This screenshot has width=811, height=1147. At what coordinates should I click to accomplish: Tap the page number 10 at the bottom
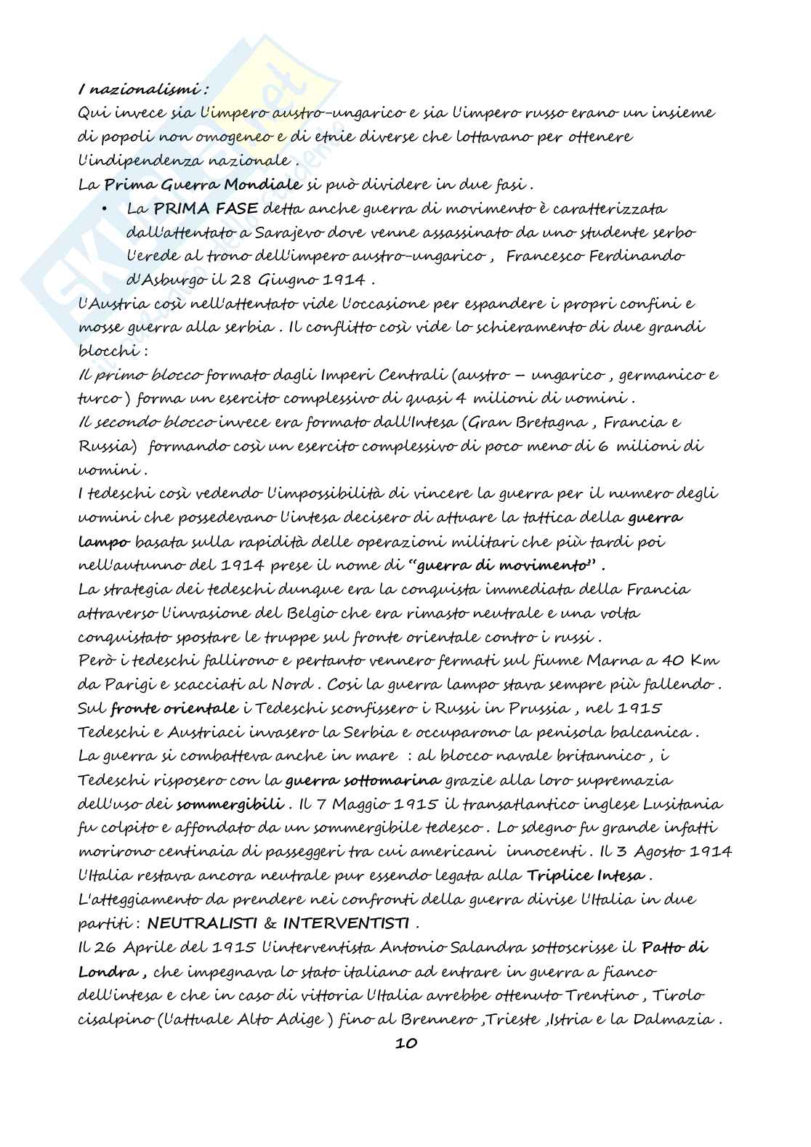click(x=405, y=1044)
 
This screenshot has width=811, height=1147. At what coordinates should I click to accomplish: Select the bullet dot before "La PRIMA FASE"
click(x=105, y=208)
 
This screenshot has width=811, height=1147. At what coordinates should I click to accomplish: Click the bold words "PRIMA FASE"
click(x=205, y=208)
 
